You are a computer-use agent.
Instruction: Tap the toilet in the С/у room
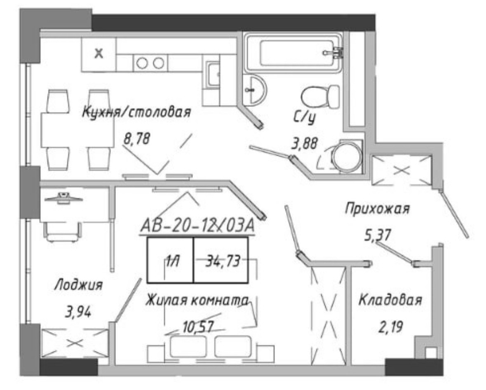coord(320,97)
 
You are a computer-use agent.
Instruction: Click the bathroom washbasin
coord(254,90)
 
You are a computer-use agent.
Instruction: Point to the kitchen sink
coord(213,74)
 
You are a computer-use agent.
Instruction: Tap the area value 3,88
coord(305,143)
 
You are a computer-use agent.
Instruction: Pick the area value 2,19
coord(390,327)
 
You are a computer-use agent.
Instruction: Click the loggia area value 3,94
coord(78,312)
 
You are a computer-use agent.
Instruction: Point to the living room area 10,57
coord(198,327)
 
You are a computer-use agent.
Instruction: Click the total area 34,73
coord(223,261)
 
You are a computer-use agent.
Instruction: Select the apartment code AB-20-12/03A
coord(197,226)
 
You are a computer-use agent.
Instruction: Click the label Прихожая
coord(377,208)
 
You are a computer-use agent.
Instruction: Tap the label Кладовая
coord(390,300)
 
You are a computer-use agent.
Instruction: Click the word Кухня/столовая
coord(136,112)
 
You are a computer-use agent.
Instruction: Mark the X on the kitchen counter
coord(99,54)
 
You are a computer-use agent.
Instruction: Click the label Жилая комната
coord(197,300)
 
